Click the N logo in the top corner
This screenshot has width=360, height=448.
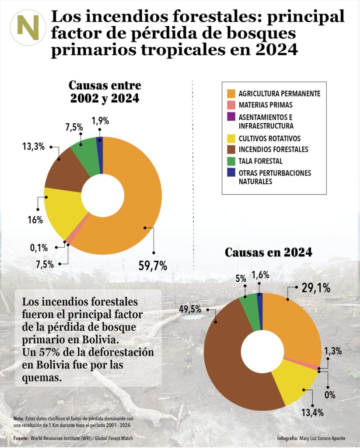pos(28,27)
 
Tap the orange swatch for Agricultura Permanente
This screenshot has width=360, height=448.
pos(231,94)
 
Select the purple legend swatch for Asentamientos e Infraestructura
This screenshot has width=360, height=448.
pos(231,117)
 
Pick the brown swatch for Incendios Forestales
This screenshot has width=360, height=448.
pos(231,149)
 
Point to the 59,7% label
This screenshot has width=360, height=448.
pos(153,265)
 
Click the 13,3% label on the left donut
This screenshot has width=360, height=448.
pos(34,147)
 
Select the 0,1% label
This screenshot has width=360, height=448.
pos(39,248)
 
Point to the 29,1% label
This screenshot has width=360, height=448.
pos(315,288)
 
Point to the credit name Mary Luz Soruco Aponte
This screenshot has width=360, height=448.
pos(322,438)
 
